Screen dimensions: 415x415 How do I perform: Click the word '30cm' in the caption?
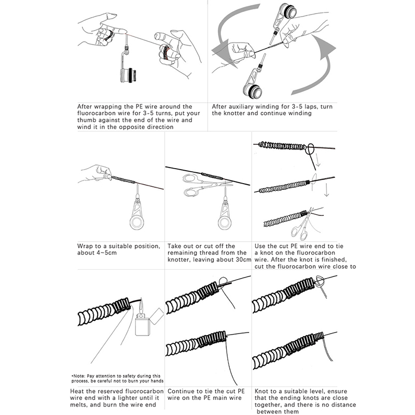243,259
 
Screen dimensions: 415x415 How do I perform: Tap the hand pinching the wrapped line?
96,173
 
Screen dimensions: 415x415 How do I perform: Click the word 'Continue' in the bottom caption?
183,392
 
